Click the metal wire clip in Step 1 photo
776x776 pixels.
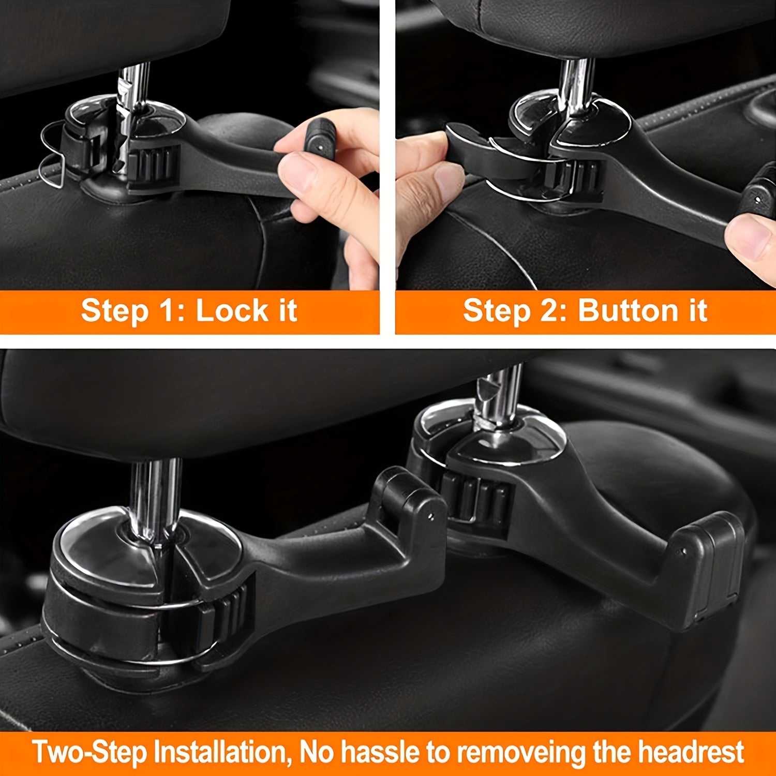coord(52,150)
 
